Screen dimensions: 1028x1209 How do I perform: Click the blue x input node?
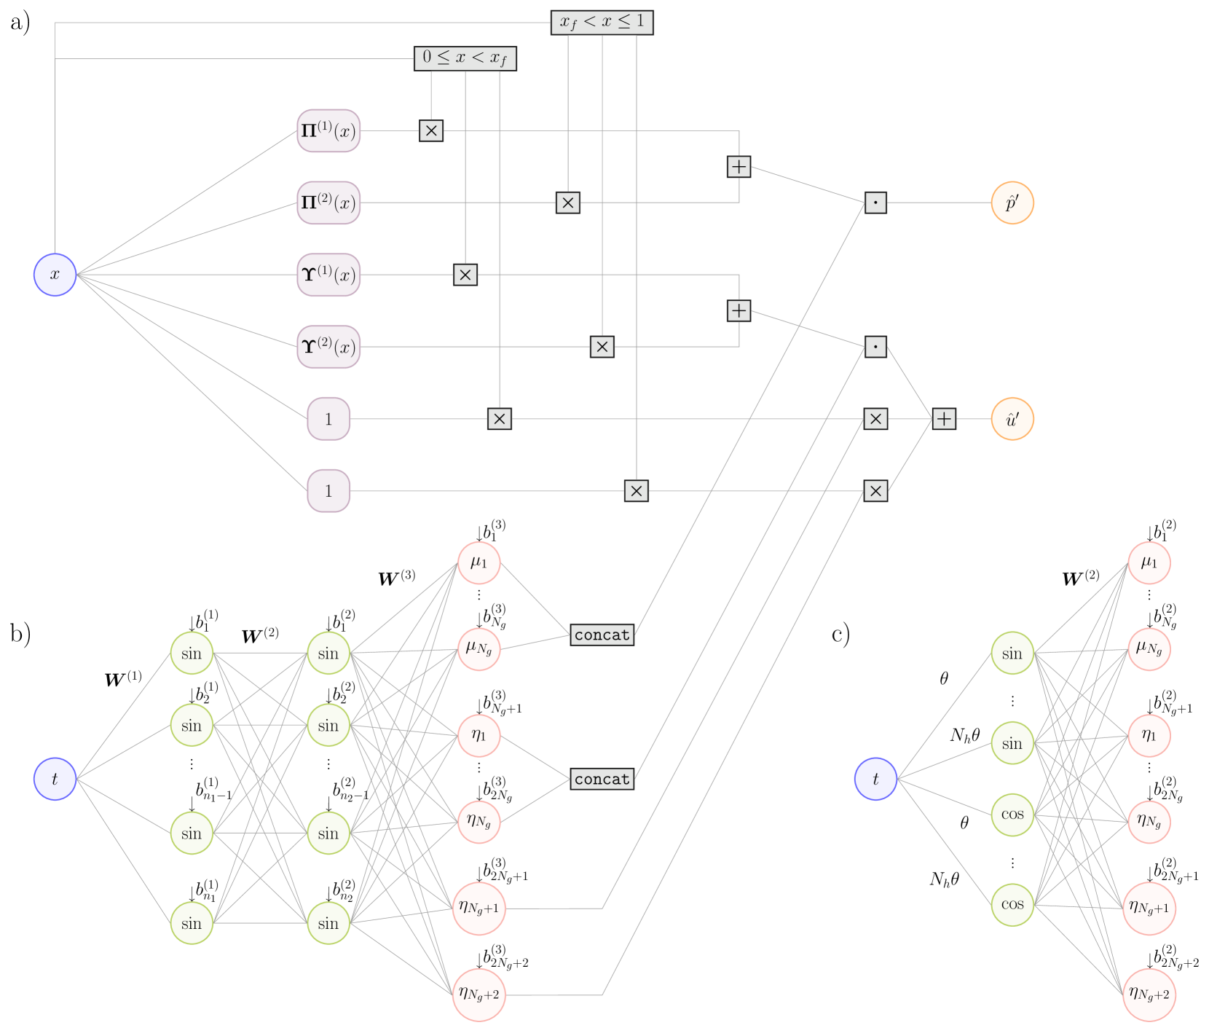coord(55,275)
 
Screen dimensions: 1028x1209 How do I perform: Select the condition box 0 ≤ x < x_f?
coord(465,58)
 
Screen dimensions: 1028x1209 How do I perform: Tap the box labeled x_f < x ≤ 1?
coord(602,22)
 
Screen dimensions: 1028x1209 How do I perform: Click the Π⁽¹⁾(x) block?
coord(328,131)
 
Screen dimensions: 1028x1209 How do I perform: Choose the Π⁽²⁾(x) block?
coord(328,203)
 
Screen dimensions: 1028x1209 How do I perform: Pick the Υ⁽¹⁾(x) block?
coord(328,275)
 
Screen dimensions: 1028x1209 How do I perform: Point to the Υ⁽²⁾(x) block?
coord(328,347)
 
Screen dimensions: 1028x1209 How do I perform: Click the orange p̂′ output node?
coord(1012,203)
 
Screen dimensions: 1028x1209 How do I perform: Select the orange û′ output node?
coord(1012,419)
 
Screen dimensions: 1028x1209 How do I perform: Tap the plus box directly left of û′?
coord(943,419)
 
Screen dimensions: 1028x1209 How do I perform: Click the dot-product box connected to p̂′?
coord(875,203)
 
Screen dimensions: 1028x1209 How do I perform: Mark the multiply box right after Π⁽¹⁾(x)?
coord(431,131)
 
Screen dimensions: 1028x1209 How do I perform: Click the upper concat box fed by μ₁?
coord(602,635)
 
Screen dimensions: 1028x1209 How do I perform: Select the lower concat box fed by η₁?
coord(602,779)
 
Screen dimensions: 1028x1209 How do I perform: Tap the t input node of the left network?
coord(55,779)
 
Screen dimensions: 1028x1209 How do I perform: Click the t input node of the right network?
coord(875,779)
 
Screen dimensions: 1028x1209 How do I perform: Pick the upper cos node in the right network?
coord(1012,815)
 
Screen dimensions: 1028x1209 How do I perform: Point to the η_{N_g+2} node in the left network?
coord(479,994)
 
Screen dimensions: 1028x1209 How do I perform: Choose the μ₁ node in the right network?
coord(1149,562)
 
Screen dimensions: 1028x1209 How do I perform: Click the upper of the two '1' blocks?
coord(328,419)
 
